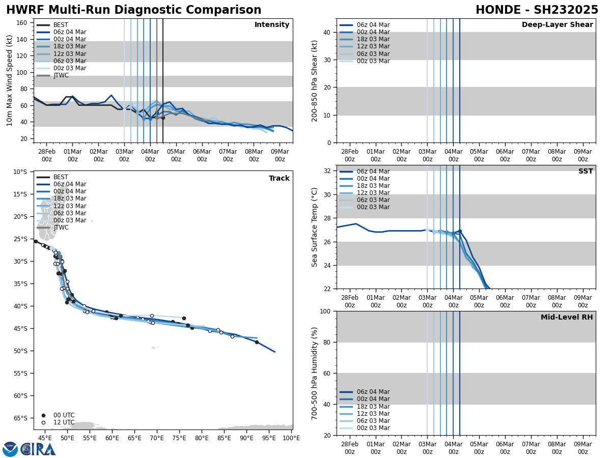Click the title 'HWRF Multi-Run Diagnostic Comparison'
pyautogui.click(x=133, y=10)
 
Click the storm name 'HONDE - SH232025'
pyautogui.click(x=537, y=10)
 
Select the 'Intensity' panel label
pyautogui.click(x=272, y=25)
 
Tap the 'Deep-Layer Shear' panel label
pyautogui.click(x=557, y=25)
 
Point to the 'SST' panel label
pyautogui.click(x=586, y=171)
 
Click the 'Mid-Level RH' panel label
pyautogui.click(x=567, y=318)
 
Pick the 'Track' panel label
pyautogui.click(x=279, y=179)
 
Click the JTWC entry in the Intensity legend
pyautogui.click(x=61, y=75)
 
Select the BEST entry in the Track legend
pyautogui.click(x=61, y=177)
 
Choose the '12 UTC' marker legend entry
pyautogui.click(x=64, y=422)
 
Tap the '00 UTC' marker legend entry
pyautogui.click(x=64, y=415)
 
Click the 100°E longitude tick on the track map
pyautogui.click(x=291, y=438)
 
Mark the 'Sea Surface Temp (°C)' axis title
pyautogui.click(x=315, y=227)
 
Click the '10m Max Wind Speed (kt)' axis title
pyautogui.click(x=10, y=80)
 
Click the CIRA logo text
pyautogui.click(x=39, y=449)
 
